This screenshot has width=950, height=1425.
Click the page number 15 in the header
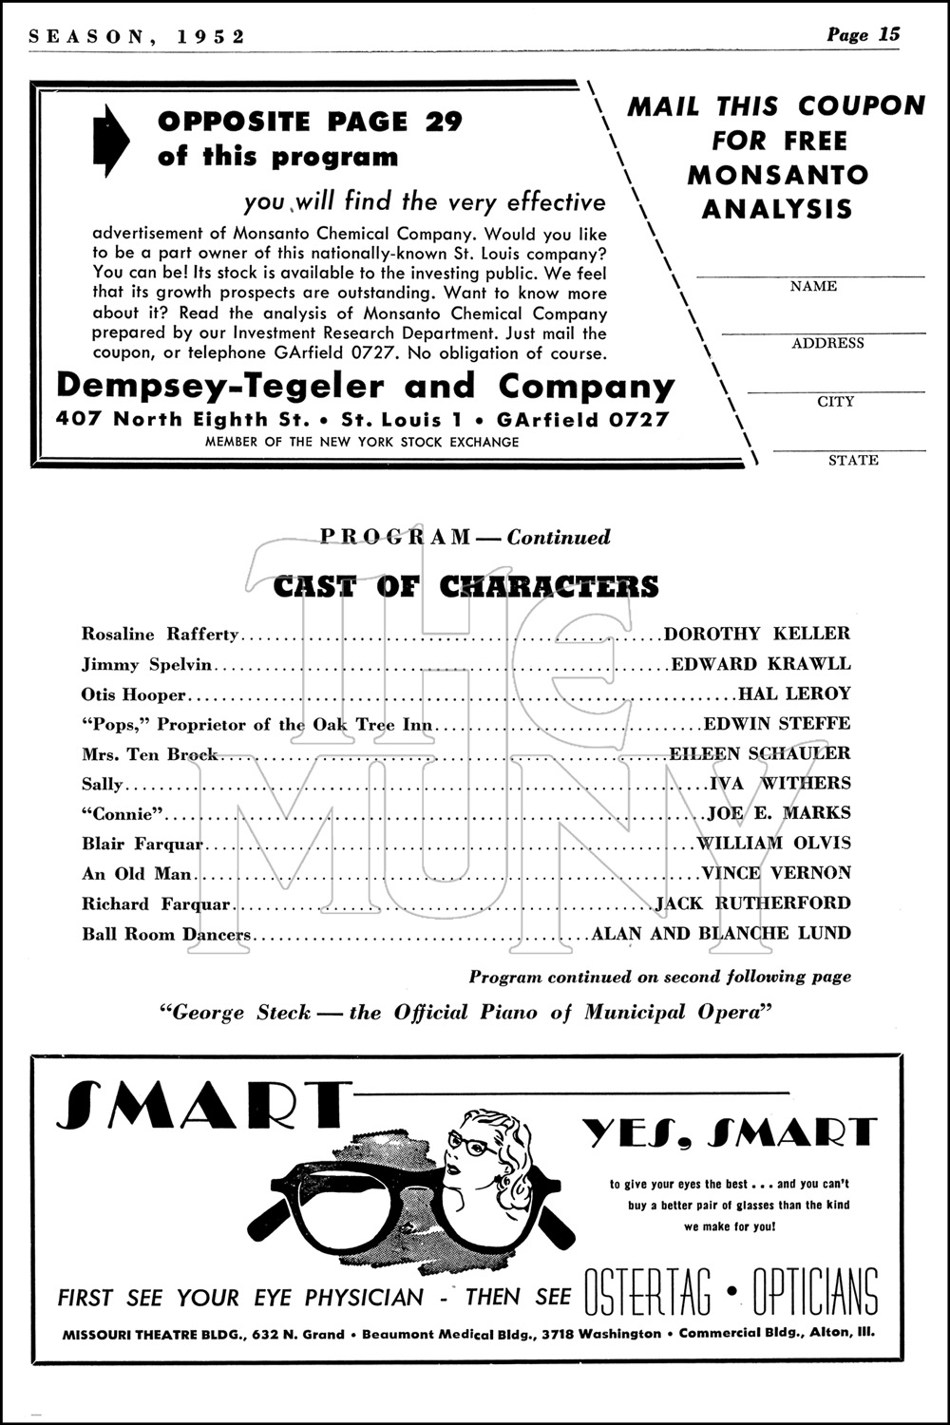pyautogui.click(x=889, y=35)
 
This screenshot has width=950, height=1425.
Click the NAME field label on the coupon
pyautogui.click(x=813, y=286)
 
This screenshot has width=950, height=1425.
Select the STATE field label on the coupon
pyautogui.click(x=853, y=460)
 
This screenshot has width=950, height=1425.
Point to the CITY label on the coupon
pyautogui.click(x=836, y=402)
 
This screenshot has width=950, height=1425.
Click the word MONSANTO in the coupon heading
pyautogui.click(x=778, y=175)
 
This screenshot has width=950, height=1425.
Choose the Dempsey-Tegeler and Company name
pyautogui.click(x=366, y=386)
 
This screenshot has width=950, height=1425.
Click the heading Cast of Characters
pyautogui.click(x=465, y=586)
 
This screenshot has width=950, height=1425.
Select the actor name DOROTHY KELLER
pyautogui.click(x=757, y=634)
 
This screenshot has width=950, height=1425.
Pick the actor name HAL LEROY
pyautogui.click(x=794, y=693)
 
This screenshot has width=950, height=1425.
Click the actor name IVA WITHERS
pyautogui.click(x=780, y=783)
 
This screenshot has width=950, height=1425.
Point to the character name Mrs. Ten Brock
pyautogui.click(x=150, y=754)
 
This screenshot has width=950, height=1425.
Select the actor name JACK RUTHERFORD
pyautogui.click(x=753, y=902)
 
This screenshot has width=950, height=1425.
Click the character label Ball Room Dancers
pyautogui.click(x=166, y=934)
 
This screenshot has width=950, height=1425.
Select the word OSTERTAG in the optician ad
pyautogui.click(x=647, y=1294)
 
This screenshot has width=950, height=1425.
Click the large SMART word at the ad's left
pyautogui.click(x=200, y=1106)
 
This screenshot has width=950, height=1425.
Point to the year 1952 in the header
pyautogui.click(x=211, y=36)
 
